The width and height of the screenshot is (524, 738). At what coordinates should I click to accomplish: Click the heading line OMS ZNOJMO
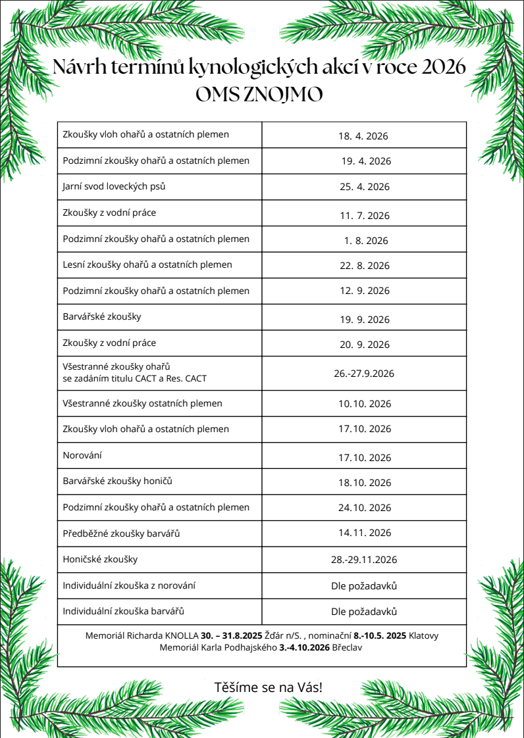click(259, 95)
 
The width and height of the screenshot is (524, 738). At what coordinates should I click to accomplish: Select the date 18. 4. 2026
click(363, 137)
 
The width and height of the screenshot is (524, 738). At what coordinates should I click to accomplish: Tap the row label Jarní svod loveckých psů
click(114, 186)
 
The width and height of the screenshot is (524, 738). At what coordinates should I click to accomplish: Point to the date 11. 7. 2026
click(365, 216)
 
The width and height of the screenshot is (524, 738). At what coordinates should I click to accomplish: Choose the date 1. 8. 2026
click(366, 241)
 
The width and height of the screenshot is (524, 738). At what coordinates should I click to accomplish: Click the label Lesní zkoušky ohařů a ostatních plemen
click(147, 265)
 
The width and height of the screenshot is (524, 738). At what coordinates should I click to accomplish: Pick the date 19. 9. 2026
click(365, 320)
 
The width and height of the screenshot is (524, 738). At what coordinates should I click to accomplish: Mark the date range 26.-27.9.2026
click(363, 374)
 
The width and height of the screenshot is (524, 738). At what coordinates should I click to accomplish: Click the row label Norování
click(82, 455)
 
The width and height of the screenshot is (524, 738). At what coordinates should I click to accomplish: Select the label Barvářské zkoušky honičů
click(118, 481)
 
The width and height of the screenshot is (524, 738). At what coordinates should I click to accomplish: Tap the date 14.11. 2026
click(365, 533)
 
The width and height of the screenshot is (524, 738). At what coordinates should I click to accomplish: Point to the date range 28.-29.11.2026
click(364, 560)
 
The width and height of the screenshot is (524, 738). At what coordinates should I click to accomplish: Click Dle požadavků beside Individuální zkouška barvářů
click(364, 612)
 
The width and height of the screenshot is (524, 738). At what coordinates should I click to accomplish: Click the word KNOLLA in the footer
click(182, 636)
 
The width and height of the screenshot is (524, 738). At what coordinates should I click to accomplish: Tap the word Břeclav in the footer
click(346, 648)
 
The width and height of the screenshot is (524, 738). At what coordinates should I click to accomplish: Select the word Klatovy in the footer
click(423, 636)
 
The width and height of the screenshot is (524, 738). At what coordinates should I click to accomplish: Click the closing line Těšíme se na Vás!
click(269, 688)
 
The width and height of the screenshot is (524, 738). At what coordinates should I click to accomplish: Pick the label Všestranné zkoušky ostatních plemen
click(142, 403)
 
